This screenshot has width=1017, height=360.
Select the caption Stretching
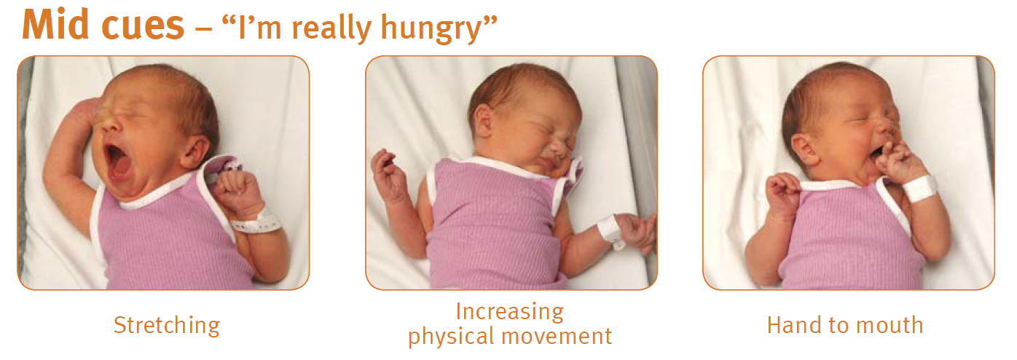167,325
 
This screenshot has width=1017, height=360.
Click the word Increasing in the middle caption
509,312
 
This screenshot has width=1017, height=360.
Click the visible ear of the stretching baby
192,149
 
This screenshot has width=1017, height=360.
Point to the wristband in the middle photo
610,230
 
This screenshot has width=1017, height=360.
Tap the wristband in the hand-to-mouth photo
919,188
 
